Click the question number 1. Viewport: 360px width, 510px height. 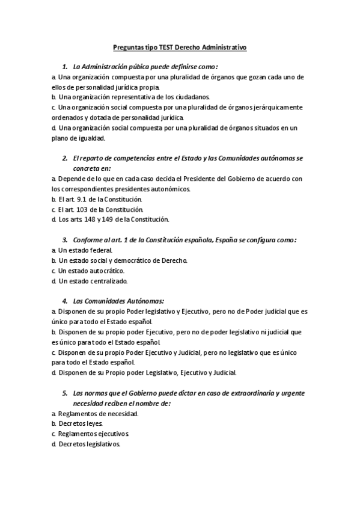point(65,66)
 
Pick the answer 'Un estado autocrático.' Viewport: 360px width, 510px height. point(87,271)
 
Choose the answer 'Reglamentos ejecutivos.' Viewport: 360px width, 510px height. point(90,434)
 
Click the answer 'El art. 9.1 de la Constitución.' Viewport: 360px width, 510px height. point(96,198)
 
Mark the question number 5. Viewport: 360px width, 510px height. point(65,393)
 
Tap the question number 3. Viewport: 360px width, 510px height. point(65,239)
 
